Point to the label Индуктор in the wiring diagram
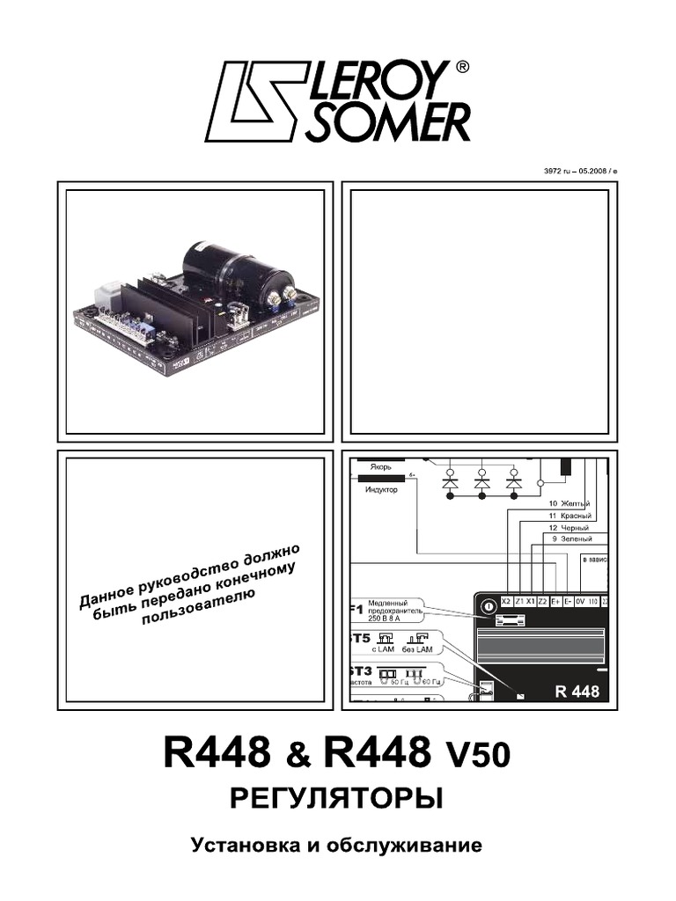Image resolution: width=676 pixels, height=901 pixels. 381,490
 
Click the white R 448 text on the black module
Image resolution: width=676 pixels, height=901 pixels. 577,691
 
